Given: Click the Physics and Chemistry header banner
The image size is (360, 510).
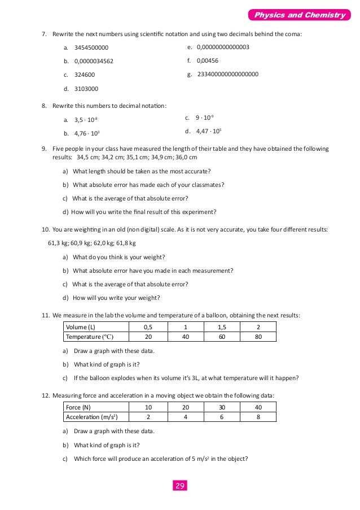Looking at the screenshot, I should coord(299,15).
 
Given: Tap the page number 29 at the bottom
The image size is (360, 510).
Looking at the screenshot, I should coord(180,486).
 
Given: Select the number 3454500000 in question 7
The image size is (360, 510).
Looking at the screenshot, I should coord(91,48).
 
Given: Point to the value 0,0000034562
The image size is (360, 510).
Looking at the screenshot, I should coord(94,61).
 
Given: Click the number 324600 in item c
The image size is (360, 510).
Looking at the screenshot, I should coord(85,75).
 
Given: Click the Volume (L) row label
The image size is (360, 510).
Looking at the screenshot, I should coord(81,327).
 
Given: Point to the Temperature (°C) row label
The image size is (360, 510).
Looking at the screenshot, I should coord(90,337).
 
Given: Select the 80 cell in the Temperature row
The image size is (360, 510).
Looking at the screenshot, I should coord(258,337).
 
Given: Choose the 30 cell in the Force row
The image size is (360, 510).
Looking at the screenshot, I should coord(221,407).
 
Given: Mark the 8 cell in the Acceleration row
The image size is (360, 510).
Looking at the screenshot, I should coord(258,417).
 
